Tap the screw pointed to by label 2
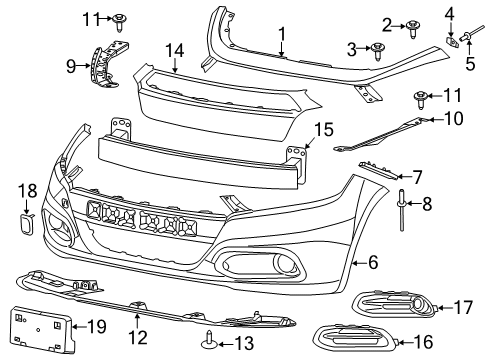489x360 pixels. (412, 28)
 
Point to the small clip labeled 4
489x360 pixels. (450, 38)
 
